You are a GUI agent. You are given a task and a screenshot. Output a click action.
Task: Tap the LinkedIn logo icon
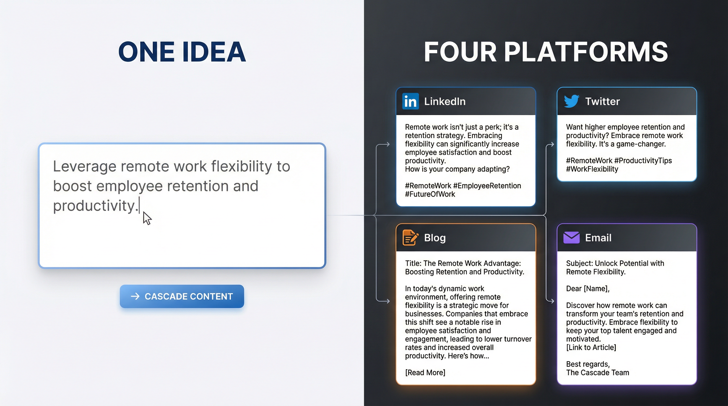coord(410,101)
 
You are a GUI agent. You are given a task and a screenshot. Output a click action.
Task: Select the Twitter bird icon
coord(571,101)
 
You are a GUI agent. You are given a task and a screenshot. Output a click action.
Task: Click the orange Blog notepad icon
coord(410,238)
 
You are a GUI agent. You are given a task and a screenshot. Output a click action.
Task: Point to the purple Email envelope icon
coord(571,238)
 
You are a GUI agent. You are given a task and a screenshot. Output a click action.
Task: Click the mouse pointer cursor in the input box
coord(147,218)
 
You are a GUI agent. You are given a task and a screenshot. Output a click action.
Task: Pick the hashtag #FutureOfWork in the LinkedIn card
coord(430,194)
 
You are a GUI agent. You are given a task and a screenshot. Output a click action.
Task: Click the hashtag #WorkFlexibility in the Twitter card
coord(592,169)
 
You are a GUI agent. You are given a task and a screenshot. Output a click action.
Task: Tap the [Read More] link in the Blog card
coord(425,372)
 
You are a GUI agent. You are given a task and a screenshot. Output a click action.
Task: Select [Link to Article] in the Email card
coord(591,347)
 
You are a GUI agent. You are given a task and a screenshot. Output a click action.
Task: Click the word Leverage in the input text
coord(84,166)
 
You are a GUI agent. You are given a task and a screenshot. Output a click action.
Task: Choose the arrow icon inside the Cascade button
coord(135,296)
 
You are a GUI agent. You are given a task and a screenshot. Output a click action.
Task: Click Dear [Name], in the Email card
coord(588,289)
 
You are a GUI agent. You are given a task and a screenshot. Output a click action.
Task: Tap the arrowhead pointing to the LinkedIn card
coord(388,145)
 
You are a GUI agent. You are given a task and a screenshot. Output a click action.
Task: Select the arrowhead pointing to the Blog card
coord(388,301)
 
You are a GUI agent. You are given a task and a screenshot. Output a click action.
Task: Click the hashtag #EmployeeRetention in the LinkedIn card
coord(487,186)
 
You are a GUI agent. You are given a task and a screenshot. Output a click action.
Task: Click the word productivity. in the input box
coord(95,206)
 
